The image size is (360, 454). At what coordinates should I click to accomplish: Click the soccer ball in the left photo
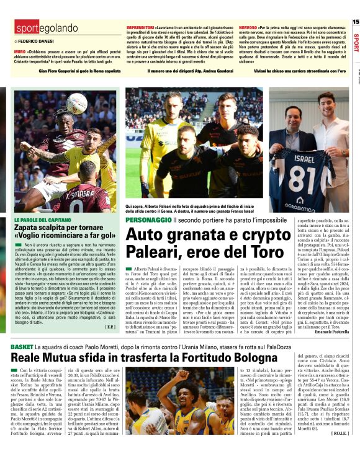point(77,102)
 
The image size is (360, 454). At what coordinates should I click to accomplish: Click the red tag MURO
point(19,51)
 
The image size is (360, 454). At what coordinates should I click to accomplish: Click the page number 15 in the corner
point(355,22)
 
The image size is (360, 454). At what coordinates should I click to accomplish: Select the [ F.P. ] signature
point(110,327)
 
